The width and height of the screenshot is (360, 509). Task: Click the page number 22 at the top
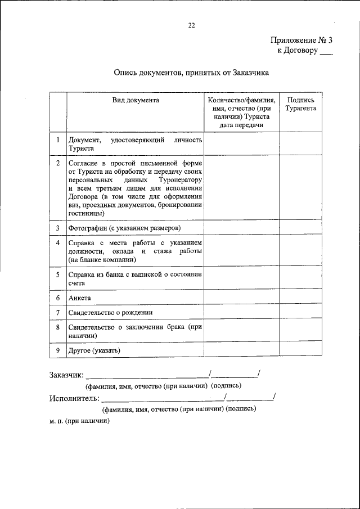tap(191, 25)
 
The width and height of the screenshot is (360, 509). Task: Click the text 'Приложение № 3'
tap(301, 40)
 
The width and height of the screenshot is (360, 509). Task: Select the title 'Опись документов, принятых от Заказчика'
tap(191, 72)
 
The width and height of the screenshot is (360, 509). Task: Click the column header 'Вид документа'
tap(135, 100)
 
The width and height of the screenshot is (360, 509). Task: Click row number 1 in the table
tap(58, 139)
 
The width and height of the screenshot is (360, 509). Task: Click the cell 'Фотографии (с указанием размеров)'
tap(124, 228)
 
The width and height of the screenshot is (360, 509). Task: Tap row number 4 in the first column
tap(58, 242)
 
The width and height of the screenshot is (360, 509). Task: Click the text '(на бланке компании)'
tap(102, 260)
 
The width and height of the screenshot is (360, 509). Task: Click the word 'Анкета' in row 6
tap(79, 298)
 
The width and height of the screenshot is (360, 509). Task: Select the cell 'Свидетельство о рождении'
tap(110, 312)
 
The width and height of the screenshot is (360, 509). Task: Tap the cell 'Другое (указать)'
tap(94, 350)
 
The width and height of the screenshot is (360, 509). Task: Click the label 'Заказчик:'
tap(66, 375)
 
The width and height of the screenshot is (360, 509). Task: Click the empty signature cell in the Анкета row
tap(300, 298)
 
